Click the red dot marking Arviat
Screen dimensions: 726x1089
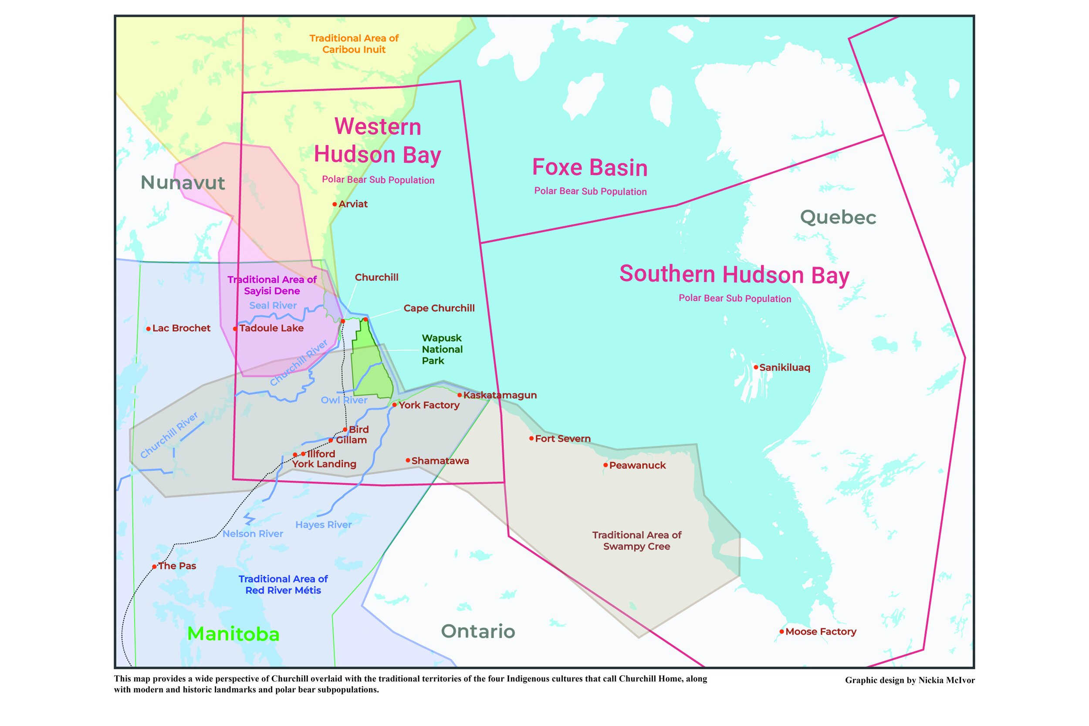(335, 204)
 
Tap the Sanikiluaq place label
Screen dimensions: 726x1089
(785, 368)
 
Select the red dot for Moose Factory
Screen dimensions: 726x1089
(781, 631)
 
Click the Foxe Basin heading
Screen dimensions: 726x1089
(589, 168)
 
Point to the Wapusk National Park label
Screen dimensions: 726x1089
(442, 350)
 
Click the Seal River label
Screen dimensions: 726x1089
(273, 306)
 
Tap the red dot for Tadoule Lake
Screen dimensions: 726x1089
(235, 329)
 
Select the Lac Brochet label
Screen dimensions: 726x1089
(181, 328)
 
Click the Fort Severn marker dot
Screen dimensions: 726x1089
(531, 439)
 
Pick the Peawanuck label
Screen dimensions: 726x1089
(637, 465)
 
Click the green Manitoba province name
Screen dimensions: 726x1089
(233, 634)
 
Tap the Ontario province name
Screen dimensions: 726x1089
(478, 631)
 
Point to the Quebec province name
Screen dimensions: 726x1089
(838, 217)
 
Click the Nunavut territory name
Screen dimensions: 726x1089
(183, 182)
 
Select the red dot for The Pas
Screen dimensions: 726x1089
(155, 566)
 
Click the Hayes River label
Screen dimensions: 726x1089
(323, 525)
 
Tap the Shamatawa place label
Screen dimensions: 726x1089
(440, 461)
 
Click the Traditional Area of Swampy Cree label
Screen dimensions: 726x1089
(637, 541)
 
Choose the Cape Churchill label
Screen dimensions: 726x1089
(439, 308)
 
